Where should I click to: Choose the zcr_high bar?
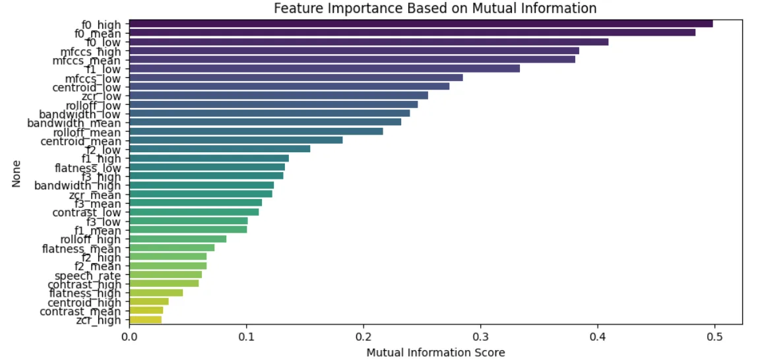coord(146,320)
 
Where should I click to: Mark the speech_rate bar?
coord(166,275)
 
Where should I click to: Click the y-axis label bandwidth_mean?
coord(74,123)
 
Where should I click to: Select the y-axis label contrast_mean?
coord(80,311)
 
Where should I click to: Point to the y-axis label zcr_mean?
coord(95,195)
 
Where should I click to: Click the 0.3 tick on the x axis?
coord(480,337)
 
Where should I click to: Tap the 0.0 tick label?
coord(130,337)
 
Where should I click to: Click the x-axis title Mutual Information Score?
coord(435,353)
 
